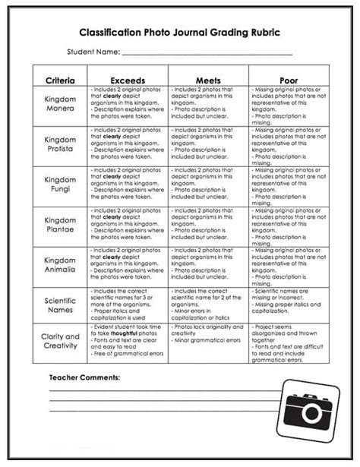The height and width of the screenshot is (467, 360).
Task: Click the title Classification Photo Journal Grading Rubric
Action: [179, 34]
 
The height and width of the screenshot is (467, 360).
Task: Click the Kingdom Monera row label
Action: [59, 105]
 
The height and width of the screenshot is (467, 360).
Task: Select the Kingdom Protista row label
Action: [59, 144]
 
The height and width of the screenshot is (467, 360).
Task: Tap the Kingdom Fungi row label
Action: [59, 185]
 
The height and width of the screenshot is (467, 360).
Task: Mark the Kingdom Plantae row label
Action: [59, 224]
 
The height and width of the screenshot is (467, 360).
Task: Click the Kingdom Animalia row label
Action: [59, 263]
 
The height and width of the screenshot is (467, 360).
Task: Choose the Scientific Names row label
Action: [59, 304]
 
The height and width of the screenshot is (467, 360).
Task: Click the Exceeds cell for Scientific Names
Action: [127, 304]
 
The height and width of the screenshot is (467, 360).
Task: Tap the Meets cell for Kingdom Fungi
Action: [208, 185]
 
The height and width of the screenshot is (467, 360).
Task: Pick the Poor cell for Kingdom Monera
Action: [289, 105]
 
